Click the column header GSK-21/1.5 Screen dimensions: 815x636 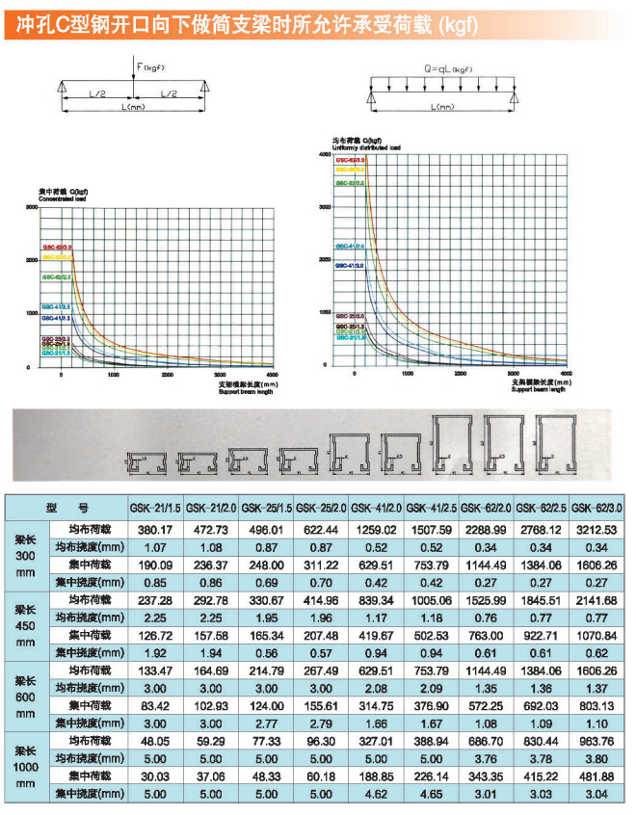[155, 508]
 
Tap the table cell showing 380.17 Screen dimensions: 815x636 [155, 530]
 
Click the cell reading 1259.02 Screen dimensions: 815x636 [377, 530]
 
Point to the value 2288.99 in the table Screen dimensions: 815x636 [487, 530]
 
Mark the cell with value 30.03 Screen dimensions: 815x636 [155, 776]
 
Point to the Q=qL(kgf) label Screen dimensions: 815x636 [448, 68]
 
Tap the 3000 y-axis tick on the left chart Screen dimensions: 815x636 [31, 208]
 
